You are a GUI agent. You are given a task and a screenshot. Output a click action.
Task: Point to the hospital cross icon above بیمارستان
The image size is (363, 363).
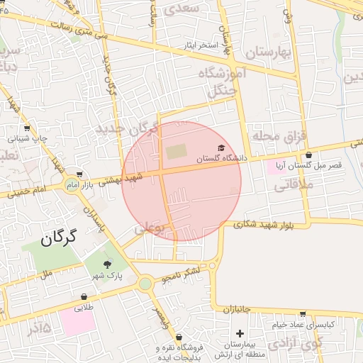coord(240,333)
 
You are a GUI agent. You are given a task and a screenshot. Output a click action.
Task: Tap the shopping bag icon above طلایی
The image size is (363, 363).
coord(84,297)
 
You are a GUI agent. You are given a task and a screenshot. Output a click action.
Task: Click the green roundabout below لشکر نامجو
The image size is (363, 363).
coord(145,284)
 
